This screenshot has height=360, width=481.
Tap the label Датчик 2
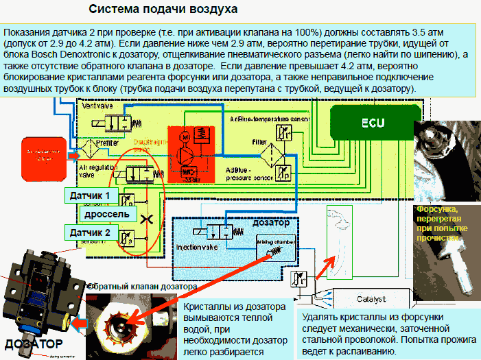click(89, 233)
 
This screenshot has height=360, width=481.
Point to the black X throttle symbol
click(145, 219)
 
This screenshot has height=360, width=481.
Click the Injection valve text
click(198, 244)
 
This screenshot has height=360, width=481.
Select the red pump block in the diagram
click(191, 155)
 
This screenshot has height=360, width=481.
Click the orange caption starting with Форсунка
click(437, 222)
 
